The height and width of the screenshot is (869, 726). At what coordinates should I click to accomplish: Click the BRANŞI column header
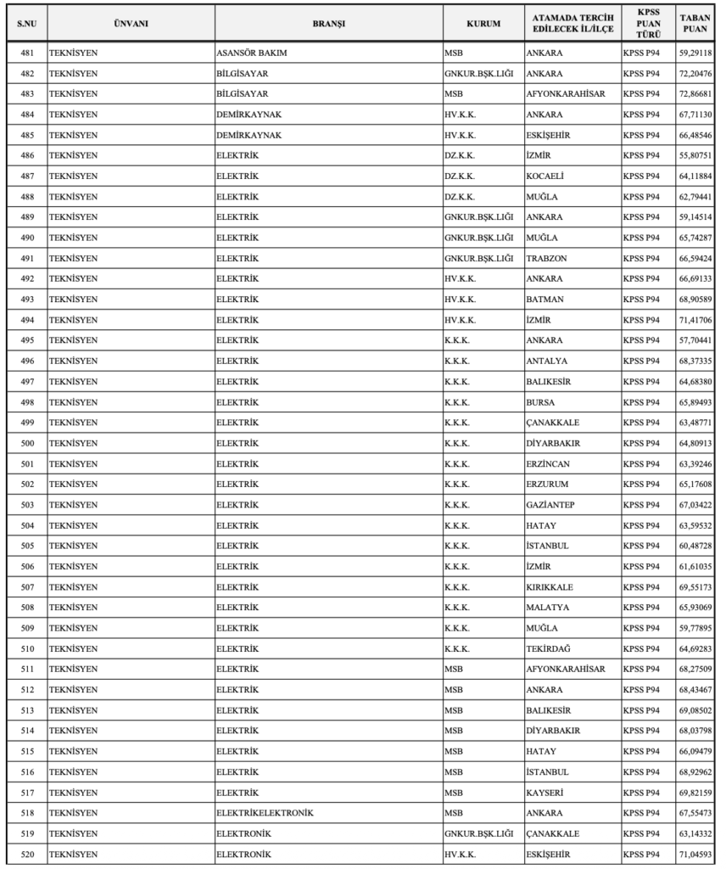328,24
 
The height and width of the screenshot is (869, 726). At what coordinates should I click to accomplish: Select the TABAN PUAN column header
695,24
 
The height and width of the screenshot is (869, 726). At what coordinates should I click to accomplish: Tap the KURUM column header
483,24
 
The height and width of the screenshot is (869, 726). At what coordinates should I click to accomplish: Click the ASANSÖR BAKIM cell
252,53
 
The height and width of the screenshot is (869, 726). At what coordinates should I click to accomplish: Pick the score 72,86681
695,93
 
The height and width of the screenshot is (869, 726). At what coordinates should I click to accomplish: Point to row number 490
26,238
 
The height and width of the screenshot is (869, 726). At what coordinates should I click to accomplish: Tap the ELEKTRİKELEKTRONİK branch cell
265,813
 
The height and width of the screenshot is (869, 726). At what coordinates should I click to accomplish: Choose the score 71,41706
695,320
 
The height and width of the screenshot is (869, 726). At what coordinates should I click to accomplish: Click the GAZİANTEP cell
550,505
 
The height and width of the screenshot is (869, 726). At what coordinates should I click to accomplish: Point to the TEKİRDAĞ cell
548,648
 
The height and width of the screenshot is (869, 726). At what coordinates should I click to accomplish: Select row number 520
26,854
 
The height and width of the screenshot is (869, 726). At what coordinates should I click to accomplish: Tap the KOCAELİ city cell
544,176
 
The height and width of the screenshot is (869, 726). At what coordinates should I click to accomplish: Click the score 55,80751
695,155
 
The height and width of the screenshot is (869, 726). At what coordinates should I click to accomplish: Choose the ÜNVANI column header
131,24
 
